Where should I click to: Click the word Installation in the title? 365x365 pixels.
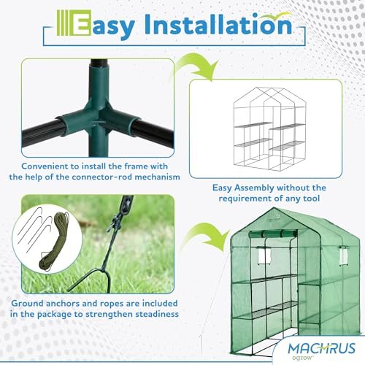click(x=218, y=25)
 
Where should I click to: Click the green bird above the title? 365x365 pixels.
click(x=275, y=16)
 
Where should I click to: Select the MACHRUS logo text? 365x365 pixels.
click(x=322, y=348)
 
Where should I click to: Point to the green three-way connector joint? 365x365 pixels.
click(x=98, y=111)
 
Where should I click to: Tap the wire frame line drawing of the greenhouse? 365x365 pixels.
click(x=269, y=129)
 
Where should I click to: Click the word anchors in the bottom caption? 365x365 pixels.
click(x=63, y=304)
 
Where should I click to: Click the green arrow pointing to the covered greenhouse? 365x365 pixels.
click(x=206, y=237)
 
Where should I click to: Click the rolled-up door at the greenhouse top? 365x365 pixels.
click(x=273, y=234)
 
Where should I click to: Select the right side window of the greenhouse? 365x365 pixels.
click(x=343, y=255)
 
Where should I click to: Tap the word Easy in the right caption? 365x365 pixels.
click(x=222, y=188)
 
